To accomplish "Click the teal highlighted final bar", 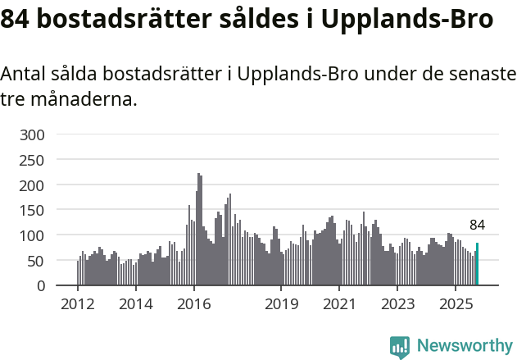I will pos(478,264).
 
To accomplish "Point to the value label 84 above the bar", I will pos(478,225).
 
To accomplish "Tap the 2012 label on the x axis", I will pos(78,305).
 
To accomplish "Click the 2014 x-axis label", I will pos(136,305).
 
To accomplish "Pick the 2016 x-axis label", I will pos(193,305).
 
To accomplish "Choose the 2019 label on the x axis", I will pos(281,305).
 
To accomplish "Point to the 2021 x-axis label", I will pos(339,305).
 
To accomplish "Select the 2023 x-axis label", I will pos(397,305).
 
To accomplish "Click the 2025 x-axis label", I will pos(456,305).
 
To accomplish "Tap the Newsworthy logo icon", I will pos(400,347).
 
